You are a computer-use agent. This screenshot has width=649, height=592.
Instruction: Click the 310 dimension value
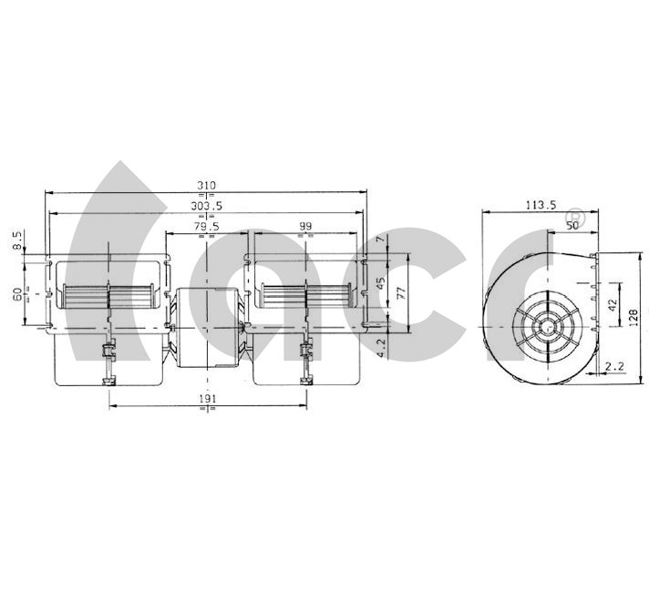click(206, 186)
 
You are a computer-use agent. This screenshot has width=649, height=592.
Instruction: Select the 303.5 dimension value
click(206, 206)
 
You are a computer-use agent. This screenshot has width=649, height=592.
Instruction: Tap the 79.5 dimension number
click(206, 226)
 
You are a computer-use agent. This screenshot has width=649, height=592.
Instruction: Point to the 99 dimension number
click(305, 226)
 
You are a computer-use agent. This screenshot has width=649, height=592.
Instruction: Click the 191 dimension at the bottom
click(207, 398)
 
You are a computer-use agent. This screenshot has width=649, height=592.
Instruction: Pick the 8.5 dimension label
click(17, 240)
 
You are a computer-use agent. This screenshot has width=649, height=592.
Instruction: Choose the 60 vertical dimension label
click(17, 294)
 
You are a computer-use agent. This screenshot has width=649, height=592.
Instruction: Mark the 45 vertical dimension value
click(381, 283)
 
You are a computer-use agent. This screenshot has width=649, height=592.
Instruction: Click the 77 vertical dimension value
click(401, 293)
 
